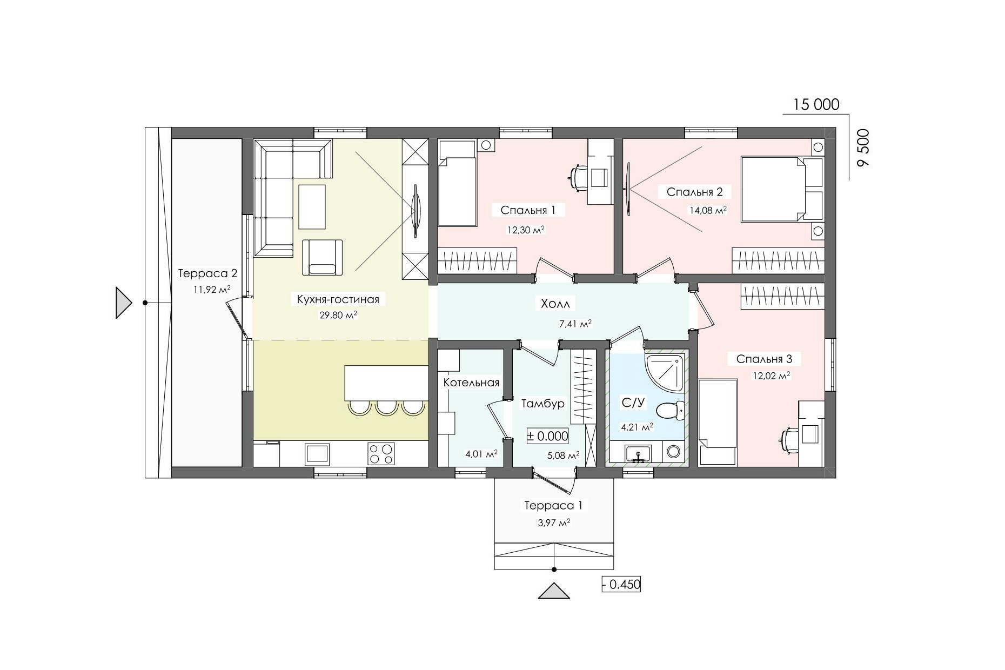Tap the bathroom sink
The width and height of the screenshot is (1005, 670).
639,453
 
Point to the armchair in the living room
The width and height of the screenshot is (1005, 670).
322,257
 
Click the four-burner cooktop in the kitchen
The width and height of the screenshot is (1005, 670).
381,453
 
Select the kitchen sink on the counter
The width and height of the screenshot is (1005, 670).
317,454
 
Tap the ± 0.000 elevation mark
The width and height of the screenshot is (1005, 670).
548,436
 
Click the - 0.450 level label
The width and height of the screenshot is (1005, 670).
621,584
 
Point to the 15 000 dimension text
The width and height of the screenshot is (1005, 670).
816,104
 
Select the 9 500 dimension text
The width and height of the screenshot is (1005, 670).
863,148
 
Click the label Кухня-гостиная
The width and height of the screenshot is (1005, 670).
338,299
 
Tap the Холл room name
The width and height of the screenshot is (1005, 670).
555,304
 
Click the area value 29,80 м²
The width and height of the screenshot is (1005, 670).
338,315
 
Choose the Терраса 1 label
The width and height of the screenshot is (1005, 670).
553,506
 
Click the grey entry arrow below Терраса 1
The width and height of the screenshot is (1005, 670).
554,591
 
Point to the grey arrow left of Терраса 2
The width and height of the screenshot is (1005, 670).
124,303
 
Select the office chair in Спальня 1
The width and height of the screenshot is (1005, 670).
579,179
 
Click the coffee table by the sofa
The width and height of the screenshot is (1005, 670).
312,207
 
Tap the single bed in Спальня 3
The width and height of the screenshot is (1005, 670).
718,422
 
